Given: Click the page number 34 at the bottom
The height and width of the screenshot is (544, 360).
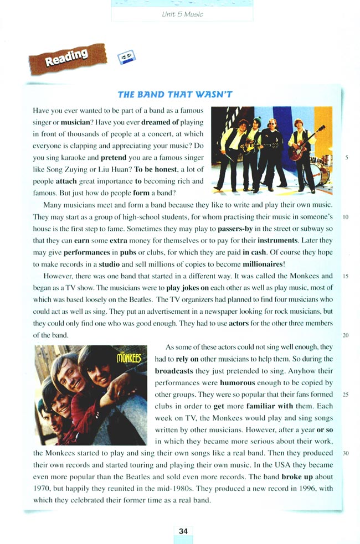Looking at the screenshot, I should click(x=183, y=531).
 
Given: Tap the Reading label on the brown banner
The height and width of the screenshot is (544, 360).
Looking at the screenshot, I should click(x=67, y=58).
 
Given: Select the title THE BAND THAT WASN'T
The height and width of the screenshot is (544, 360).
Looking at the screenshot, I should click(x=175, y=95).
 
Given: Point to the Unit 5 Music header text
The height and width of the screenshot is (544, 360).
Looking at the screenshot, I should click(x=182, y=14).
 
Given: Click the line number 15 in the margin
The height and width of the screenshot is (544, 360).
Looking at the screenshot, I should click(x=344, y=276).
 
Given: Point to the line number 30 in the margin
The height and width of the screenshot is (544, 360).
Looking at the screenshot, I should click(x=344, y=453).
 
